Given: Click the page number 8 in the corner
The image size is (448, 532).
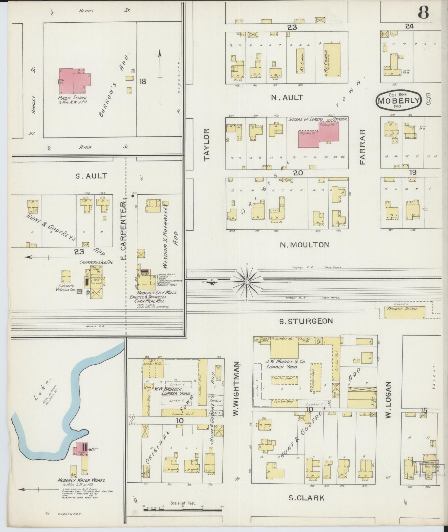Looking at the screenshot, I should (x=423, y=12).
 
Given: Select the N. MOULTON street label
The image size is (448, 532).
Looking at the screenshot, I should (x=304, y=245).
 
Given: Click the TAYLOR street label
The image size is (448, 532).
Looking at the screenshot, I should (x=207, y=145).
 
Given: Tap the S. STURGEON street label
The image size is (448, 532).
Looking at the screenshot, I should (x=306, y=321).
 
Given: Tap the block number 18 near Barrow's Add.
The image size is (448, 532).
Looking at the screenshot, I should (x=143, y=81).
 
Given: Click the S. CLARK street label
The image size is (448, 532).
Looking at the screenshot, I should (x=306, y=498).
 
